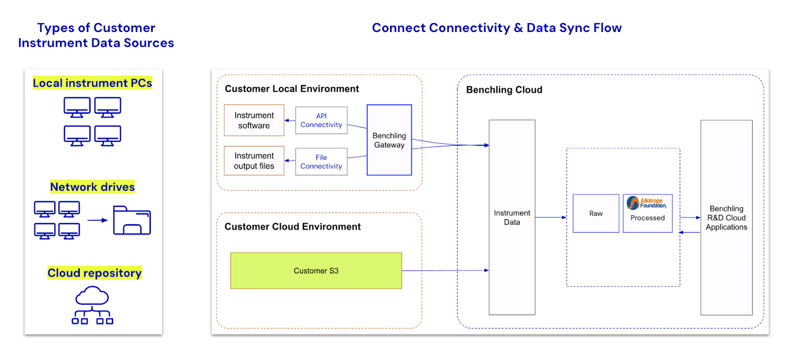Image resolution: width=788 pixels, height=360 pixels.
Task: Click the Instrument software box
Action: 254,120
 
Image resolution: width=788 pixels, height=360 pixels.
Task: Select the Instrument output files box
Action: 254,161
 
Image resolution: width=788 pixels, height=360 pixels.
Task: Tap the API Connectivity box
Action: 321,120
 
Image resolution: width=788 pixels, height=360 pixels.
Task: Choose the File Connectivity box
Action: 321,162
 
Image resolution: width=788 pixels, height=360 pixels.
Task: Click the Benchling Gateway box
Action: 389,140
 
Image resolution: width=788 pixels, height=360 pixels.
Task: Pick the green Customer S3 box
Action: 316,270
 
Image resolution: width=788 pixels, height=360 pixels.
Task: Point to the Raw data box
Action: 595,213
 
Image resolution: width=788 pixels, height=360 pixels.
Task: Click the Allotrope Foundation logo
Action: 647,203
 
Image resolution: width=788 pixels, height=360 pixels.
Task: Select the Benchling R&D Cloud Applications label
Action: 726,218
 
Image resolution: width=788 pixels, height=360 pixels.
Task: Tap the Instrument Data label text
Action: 512,217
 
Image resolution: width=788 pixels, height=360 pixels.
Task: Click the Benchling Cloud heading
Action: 504,90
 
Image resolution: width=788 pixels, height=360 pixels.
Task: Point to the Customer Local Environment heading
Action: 292,89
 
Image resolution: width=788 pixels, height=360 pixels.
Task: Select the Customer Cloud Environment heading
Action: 293,227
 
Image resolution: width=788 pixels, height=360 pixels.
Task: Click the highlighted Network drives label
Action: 92,187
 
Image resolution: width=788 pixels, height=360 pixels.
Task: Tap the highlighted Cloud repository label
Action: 95,273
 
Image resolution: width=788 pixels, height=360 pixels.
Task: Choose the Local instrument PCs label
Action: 92,83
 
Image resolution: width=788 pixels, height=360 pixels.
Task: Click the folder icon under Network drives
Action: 131,220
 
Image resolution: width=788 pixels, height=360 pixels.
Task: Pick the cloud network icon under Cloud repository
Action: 92,306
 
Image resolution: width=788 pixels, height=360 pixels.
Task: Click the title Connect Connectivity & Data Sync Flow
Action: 496,28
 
